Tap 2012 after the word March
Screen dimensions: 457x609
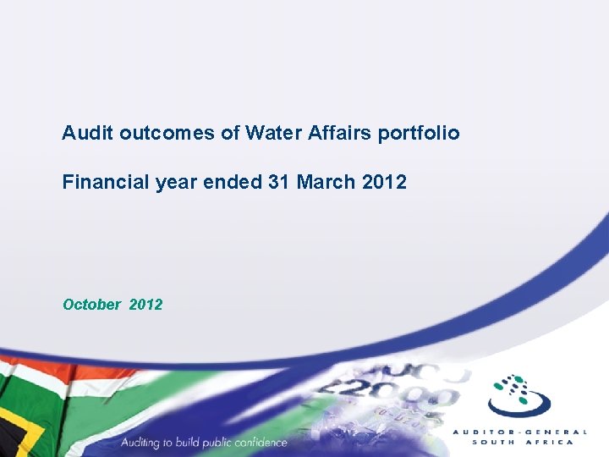coord(385,182)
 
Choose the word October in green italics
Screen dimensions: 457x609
coord(91,305)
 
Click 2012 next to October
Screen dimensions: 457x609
coord(145,305)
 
